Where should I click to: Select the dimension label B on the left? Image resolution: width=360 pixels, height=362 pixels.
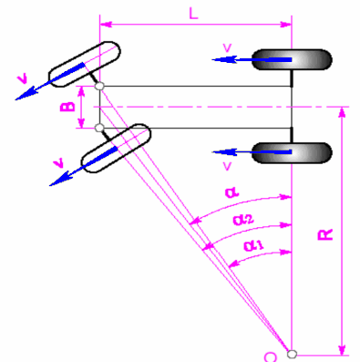tap(67, 109)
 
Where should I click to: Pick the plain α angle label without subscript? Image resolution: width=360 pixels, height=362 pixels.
tap(229, 192)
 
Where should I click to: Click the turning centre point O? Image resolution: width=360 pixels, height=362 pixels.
tap(292, 353)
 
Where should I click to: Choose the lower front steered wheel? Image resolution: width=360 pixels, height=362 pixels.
tap(116, 149)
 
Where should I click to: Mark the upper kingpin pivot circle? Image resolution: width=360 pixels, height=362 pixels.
tap(99, 88)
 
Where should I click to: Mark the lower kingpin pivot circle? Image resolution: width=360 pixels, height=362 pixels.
tap(99, 128)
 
